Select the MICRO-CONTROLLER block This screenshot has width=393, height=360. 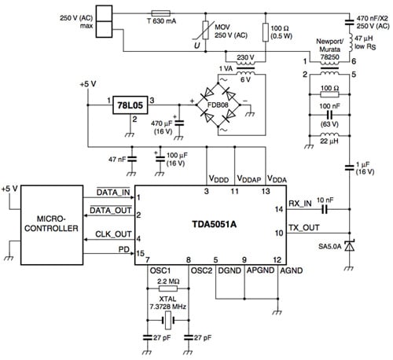tap(52, 222)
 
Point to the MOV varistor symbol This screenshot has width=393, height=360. tap(207, 34)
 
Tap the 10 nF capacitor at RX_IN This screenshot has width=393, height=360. tap(325, 210)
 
